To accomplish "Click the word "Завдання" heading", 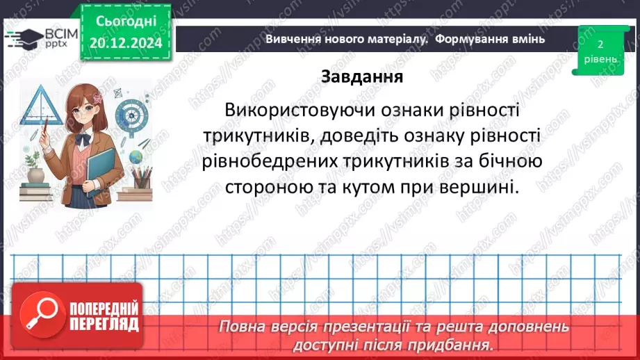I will [361, 76].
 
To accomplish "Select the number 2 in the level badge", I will [599, 44].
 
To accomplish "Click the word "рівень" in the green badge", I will [599, 60].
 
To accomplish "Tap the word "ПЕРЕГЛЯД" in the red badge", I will [105, 323].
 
